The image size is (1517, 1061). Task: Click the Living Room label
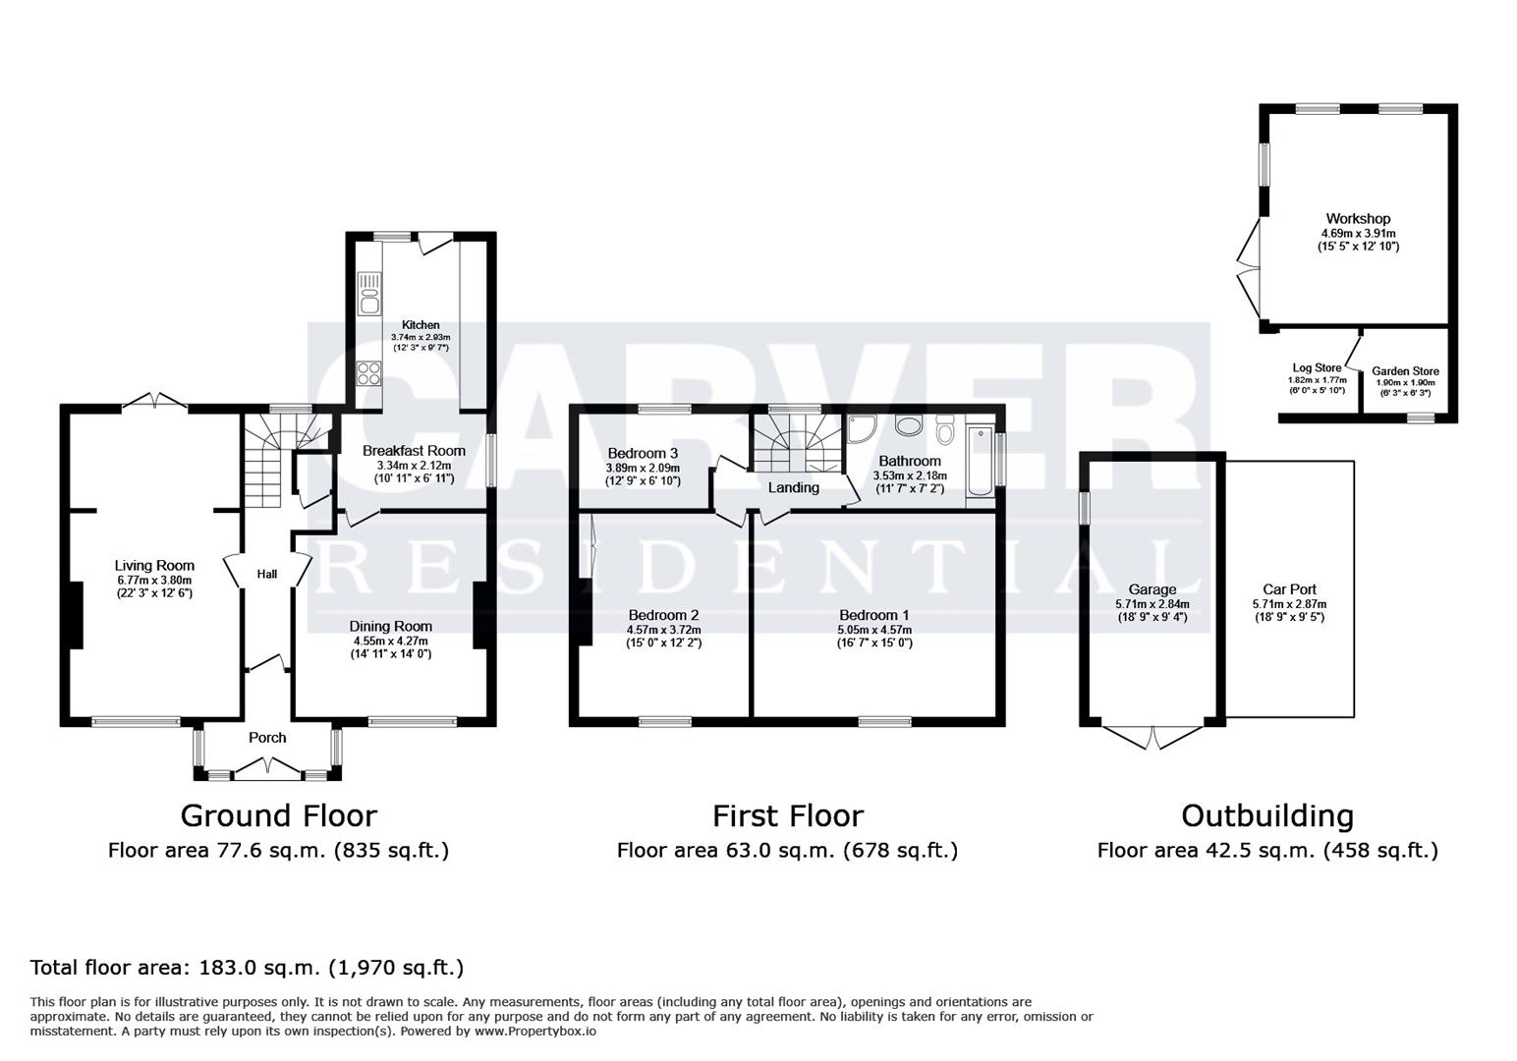[x=154, y=566]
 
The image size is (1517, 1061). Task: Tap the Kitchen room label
[x=421, y=325]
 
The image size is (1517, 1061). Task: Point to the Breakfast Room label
[x=414, y=451]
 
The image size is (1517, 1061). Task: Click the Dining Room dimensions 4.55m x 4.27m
[x=391, y=641]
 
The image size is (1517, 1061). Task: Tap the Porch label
[x=267, y=738]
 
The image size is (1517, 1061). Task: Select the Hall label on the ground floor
[x=267, y=575]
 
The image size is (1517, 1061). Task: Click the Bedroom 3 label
[x=643, y=453]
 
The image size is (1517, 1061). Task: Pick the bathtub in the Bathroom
[x=980, y=461]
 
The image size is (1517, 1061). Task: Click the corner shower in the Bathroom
[x=861, y=429]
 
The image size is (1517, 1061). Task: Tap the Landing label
[x=793, y=487]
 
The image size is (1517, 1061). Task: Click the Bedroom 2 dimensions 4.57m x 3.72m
[x=663, y=630]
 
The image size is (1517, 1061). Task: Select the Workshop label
[x=1358, y=218]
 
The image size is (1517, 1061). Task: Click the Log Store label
[x=1317, y=368]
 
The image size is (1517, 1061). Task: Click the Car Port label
[x=1289, y=589]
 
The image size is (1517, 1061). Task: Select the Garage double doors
[x=1152, y=737]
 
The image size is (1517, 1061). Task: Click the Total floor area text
[x=247, y=968]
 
